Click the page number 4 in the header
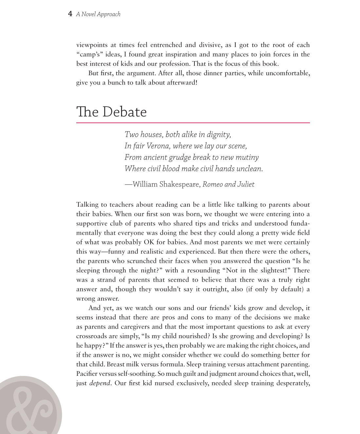[70, 14]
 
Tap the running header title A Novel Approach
[98, 14]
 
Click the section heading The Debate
[111, 112]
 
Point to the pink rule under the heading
[193, 123]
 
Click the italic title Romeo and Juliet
[228, 184]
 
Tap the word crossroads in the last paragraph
[92, 336]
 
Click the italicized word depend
[100, 383]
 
